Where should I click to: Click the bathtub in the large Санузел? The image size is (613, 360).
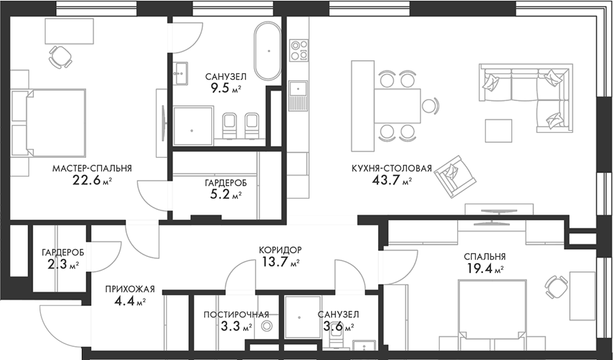(267, 51)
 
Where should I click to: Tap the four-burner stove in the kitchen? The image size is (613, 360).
(299, 51)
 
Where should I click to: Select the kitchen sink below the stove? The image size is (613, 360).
(299, 96)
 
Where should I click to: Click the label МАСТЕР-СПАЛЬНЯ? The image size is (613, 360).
(92, 168)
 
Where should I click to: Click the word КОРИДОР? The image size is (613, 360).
(281, 250)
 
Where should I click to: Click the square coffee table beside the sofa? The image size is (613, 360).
(499, 131)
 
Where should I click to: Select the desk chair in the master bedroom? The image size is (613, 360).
(60, 56)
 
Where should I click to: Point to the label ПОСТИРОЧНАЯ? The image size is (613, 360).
(236, 315)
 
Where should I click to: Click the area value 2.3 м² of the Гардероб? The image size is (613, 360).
(63, 265)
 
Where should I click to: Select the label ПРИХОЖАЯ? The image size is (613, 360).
(130, 289)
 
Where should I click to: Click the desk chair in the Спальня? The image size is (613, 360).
(557, 287)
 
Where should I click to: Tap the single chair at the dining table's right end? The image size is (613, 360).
(430, 105)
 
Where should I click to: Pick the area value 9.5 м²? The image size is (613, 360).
(226, 88)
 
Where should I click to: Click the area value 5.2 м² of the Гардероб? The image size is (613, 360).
(226, 194)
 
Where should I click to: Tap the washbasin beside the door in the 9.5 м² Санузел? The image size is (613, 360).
(180, 73)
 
